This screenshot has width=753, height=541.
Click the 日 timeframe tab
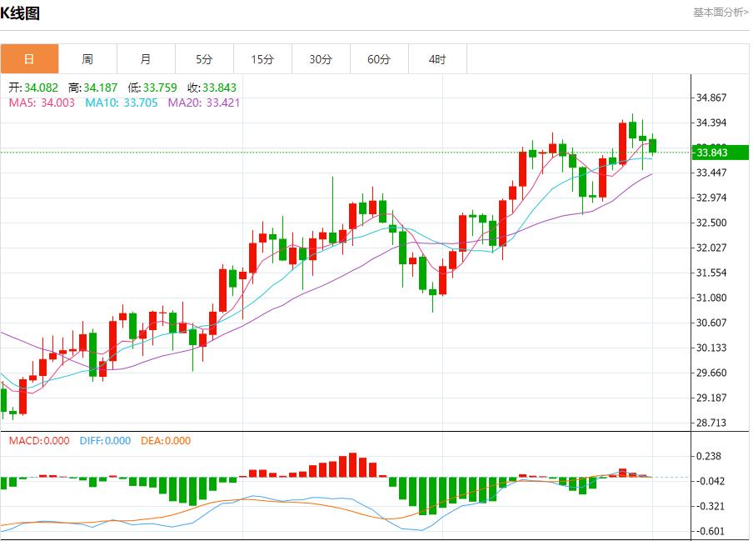29,59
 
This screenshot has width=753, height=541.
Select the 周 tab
87,59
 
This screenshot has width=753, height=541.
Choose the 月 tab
146,59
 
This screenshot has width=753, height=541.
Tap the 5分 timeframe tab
204,59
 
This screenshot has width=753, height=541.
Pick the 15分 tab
262,59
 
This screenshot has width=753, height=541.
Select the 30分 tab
321,59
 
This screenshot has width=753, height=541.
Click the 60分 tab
379,59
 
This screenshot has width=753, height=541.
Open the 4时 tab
437,59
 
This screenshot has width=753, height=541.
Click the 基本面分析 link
721,13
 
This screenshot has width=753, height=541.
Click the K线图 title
20,13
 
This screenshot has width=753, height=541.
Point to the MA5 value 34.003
57,103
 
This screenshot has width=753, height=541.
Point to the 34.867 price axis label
711,98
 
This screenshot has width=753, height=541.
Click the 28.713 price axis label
711,423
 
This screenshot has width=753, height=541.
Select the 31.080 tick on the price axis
711,298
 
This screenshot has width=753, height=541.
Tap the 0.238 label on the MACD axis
708,456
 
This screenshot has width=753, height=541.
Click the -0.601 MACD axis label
708,531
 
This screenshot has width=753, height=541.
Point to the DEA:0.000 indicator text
165,441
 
